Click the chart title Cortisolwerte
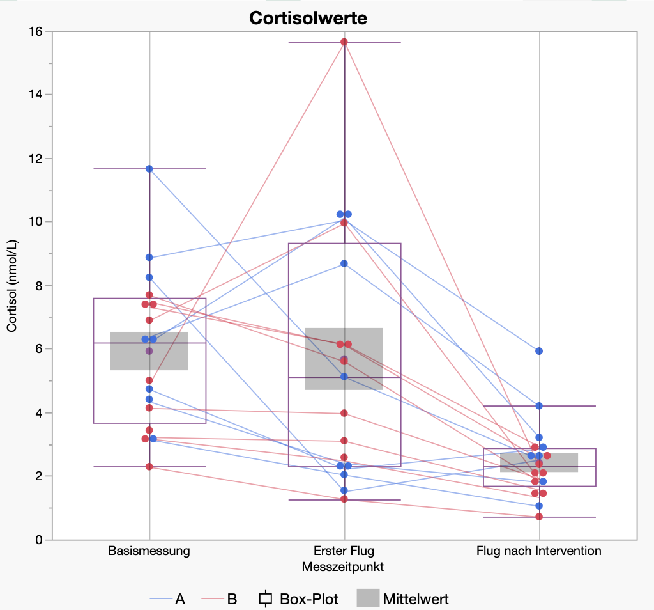point(308,17)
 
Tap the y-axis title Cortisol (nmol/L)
point(11,286)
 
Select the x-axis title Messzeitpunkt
point(344,567)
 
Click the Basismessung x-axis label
point(149,551)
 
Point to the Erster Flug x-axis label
point(344,551)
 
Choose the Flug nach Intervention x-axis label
point(539,551)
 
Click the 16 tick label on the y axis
point(36,31)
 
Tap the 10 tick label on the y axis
point(36,222)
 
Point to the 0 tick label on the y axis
point(39,540)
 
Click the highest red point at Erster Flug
point(344,42)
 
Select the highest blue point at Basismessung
point(149,169)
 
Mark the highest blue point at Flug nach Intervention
point(539,351)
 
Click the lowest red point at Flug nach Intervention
point(539,517)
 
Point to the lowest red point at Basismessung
point(149,467)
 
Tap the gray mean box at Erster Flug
point(344,359)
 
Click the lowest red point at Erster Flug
point(344,499)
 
